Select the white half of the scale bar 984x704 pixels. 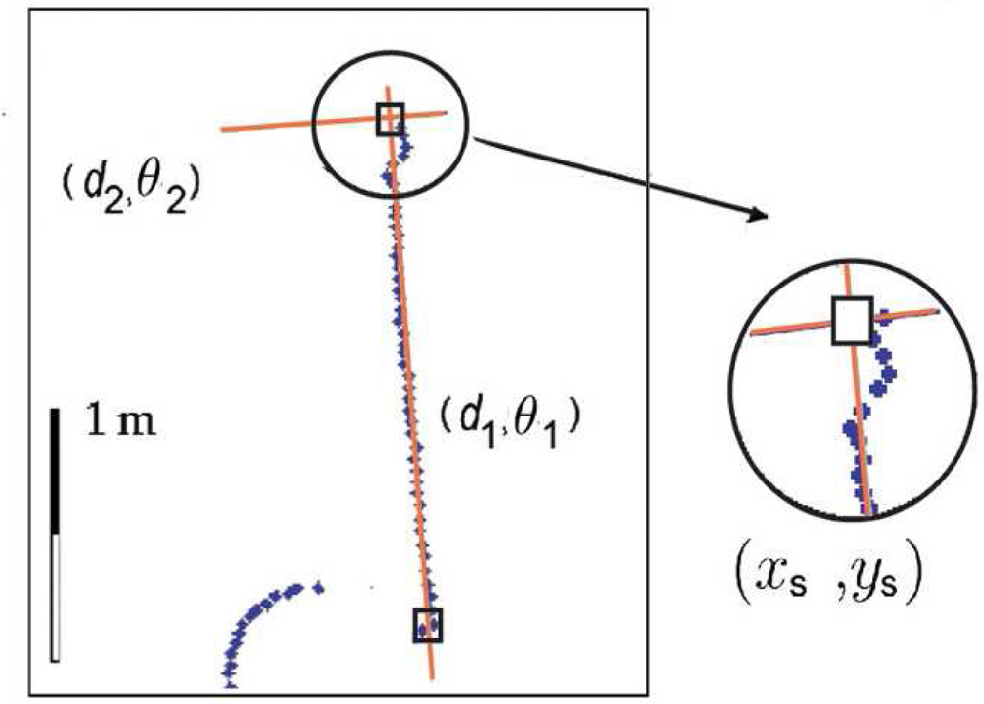tap(56, 597)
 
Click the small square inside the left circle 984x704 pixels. tap(391, 119)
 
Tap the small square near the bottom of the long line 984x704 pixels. tap(428, 624)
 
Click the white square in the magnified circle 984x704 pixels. tap(851, 321)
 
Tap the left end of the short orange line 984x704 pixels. tap(222, 129)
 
